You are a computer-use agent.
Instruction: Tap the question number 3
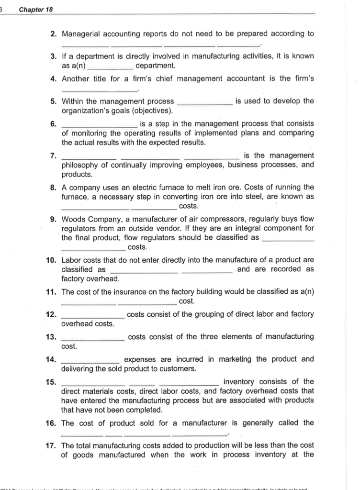pyautogui.click(x=54, y=56)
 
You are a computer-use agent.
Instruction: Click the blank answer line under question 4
pyautogui.click(x=99, y=89)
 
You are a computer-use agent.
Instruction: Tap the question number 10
pyautogui.click(x=52, y=260)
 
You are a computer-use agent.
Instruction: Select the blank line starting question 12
pyautogui.click(x=93, y=315)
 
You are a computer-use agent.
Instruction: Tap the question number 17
pyautogui.click(x=52, y=445)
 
